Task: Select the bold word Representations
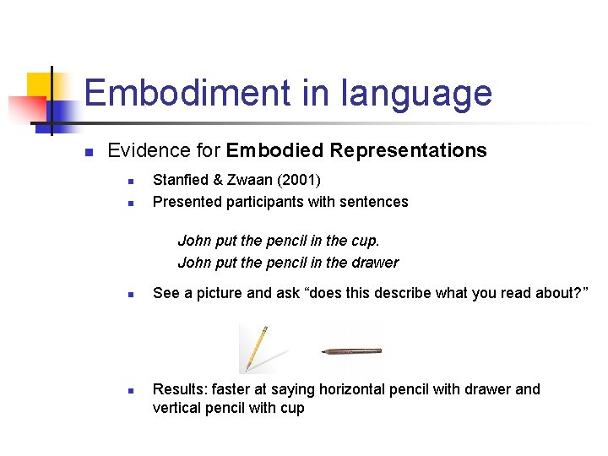(409, 150)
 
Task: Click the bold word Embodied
(275, 150)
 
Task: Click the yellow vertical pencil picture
(253, 348)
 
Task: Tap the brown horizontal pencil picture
(350, 350)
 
